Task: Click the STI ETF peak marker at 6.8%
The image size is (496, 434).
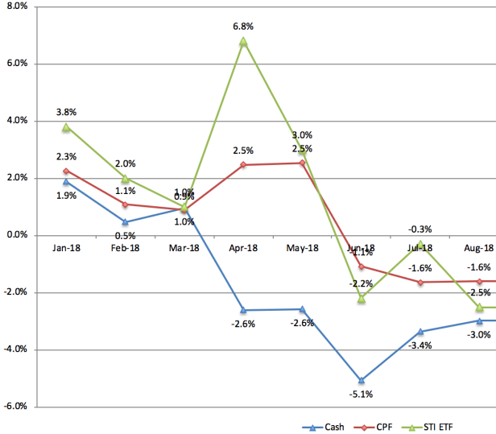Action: coord(243,41)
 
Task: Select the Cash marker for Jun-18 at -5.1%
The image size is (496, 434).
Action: coord(362,380)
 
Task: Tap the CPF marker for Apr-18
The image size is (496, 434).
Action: coord(243,165)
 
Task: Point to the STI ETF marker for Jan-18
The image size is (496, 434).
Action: coord(66,127)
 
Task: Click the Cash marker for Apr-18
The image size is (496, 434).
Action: coord(243,310)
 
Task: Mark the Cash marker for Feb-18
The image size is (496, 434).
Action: coord(125,221)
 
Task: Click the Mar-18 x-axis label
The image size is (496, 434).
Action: coord(184,249)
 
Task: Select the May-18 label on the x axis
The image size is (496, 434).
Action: coord(302,249)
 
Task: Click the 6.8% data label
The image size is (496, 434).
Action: coord(242,26)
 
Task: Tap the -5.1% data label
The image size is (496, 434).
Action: coord(361,395)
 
